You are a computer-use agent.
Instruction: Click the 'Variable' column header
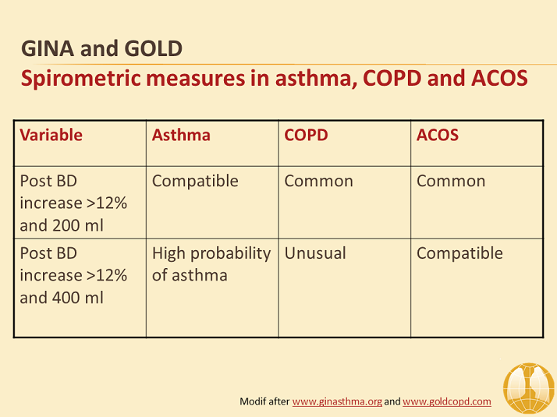coord(51,135)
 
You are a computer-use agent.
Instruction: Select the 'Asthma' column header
coord(181,135)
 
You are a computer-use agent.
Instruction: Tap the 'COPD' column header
coord(307,135)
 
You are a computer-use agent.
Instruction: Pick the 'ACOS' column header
coord(438,135)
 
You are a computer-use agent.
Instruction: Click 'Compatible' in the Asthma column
coord(195,182)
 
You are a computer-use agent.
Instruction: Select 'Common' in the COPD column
coord(318,182)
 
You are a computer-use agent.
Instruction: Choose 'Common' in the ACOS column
coord(451,182)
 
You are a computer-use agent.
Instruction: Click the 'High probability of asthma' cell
coord(211,264)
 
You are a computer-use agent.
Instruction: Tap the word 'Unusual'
coord(315,253)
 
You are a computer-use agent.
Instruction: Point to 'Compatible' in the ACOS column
coord(459,253)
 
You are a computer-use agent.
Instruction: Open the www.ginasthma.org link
coord(337,401)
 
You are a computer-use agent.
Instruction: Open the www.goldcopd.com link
coord(447,401)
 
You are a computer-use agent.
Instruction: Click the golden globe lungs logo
coord(529,388)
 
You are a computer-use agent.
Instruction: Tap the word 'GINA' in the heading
coord(48,48)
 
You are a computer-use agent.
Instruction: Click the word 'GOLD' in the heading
coord(154,48)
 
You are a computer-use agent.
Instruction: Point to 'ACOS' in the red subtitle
coord(499,79)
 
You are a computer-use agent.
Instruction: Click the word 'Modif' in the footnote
coord(253,401)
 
